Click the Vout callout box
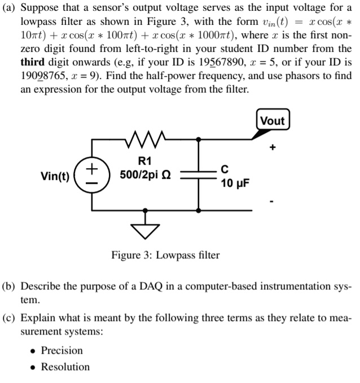tap(273, 121)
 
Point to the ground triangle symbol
tap(146, 228)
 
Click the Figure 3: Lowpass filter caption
tap(165, 255)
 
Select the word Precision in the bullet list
tap(62, 350)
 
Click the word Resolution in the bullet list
tap(65, 367)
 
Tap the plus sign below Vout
tap(273, 148)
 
